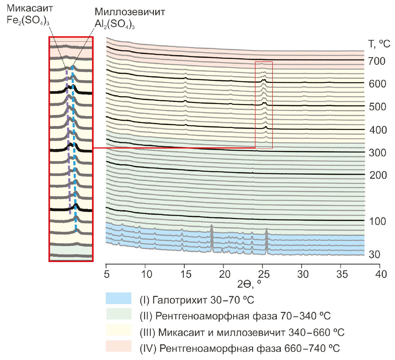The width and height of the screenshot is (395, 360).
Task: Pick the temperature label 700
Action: (377, 61)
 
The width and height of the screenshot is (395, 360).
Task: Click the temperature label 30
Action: (374, 255)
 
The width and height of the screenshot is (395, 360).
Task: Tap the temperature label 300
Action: (377, 153)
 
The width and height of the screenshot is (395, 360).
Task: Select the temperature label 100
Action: (377, 221)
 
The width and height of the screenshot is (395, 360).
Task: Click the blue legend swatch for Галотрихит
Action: (118, 298)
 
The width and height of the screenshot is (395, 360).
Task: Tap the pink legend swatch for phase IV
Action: (118, 346)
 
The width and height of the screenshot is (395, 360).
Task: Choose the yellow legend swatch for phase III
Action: (118, 330)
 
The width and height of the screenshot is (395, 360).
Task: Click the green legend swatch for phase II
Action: (118, 314)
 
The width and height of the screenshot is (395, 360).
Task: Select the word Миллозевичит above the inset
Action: (130, 12)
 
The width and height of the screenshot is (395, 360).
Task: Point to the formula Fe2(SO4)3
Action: (28, 20)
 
